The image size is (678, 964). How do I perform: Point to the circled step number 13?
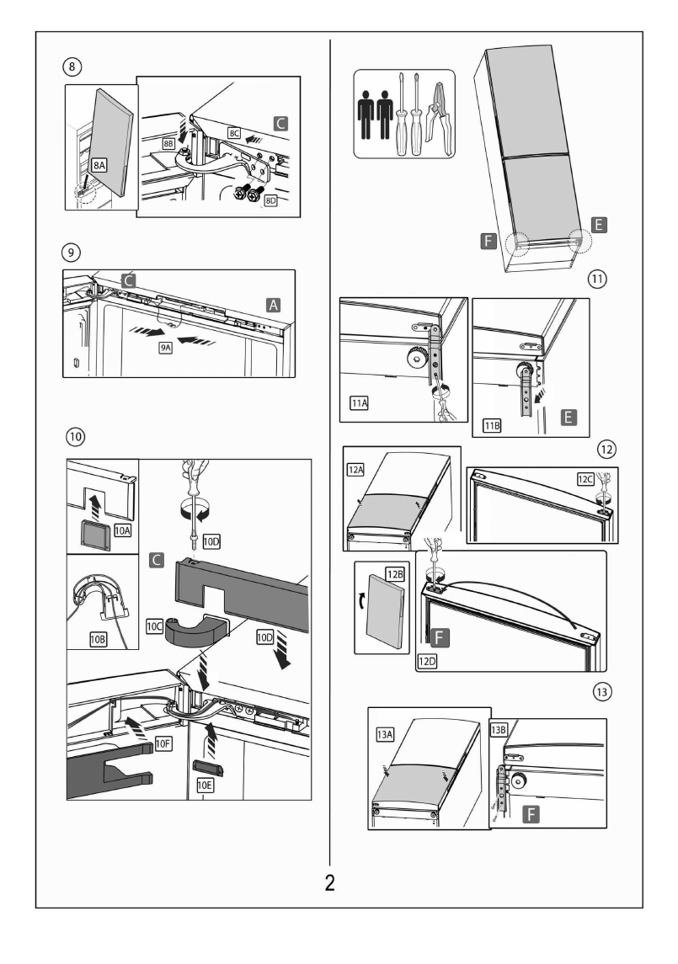pyautogui.click(x=601, y=691)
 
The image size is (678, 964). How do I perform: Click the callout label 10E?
pyautogui.click(x=205, y=785)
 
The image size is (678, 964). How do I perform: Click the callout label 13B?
pyautogui.click(x=498, y=730)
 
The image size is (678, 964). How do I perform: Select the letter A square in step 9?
pyautogui.click(x=274, y=303)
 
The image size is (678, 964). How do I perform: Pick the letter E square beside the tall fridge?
pyautogui.click(x=599, y=224)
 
